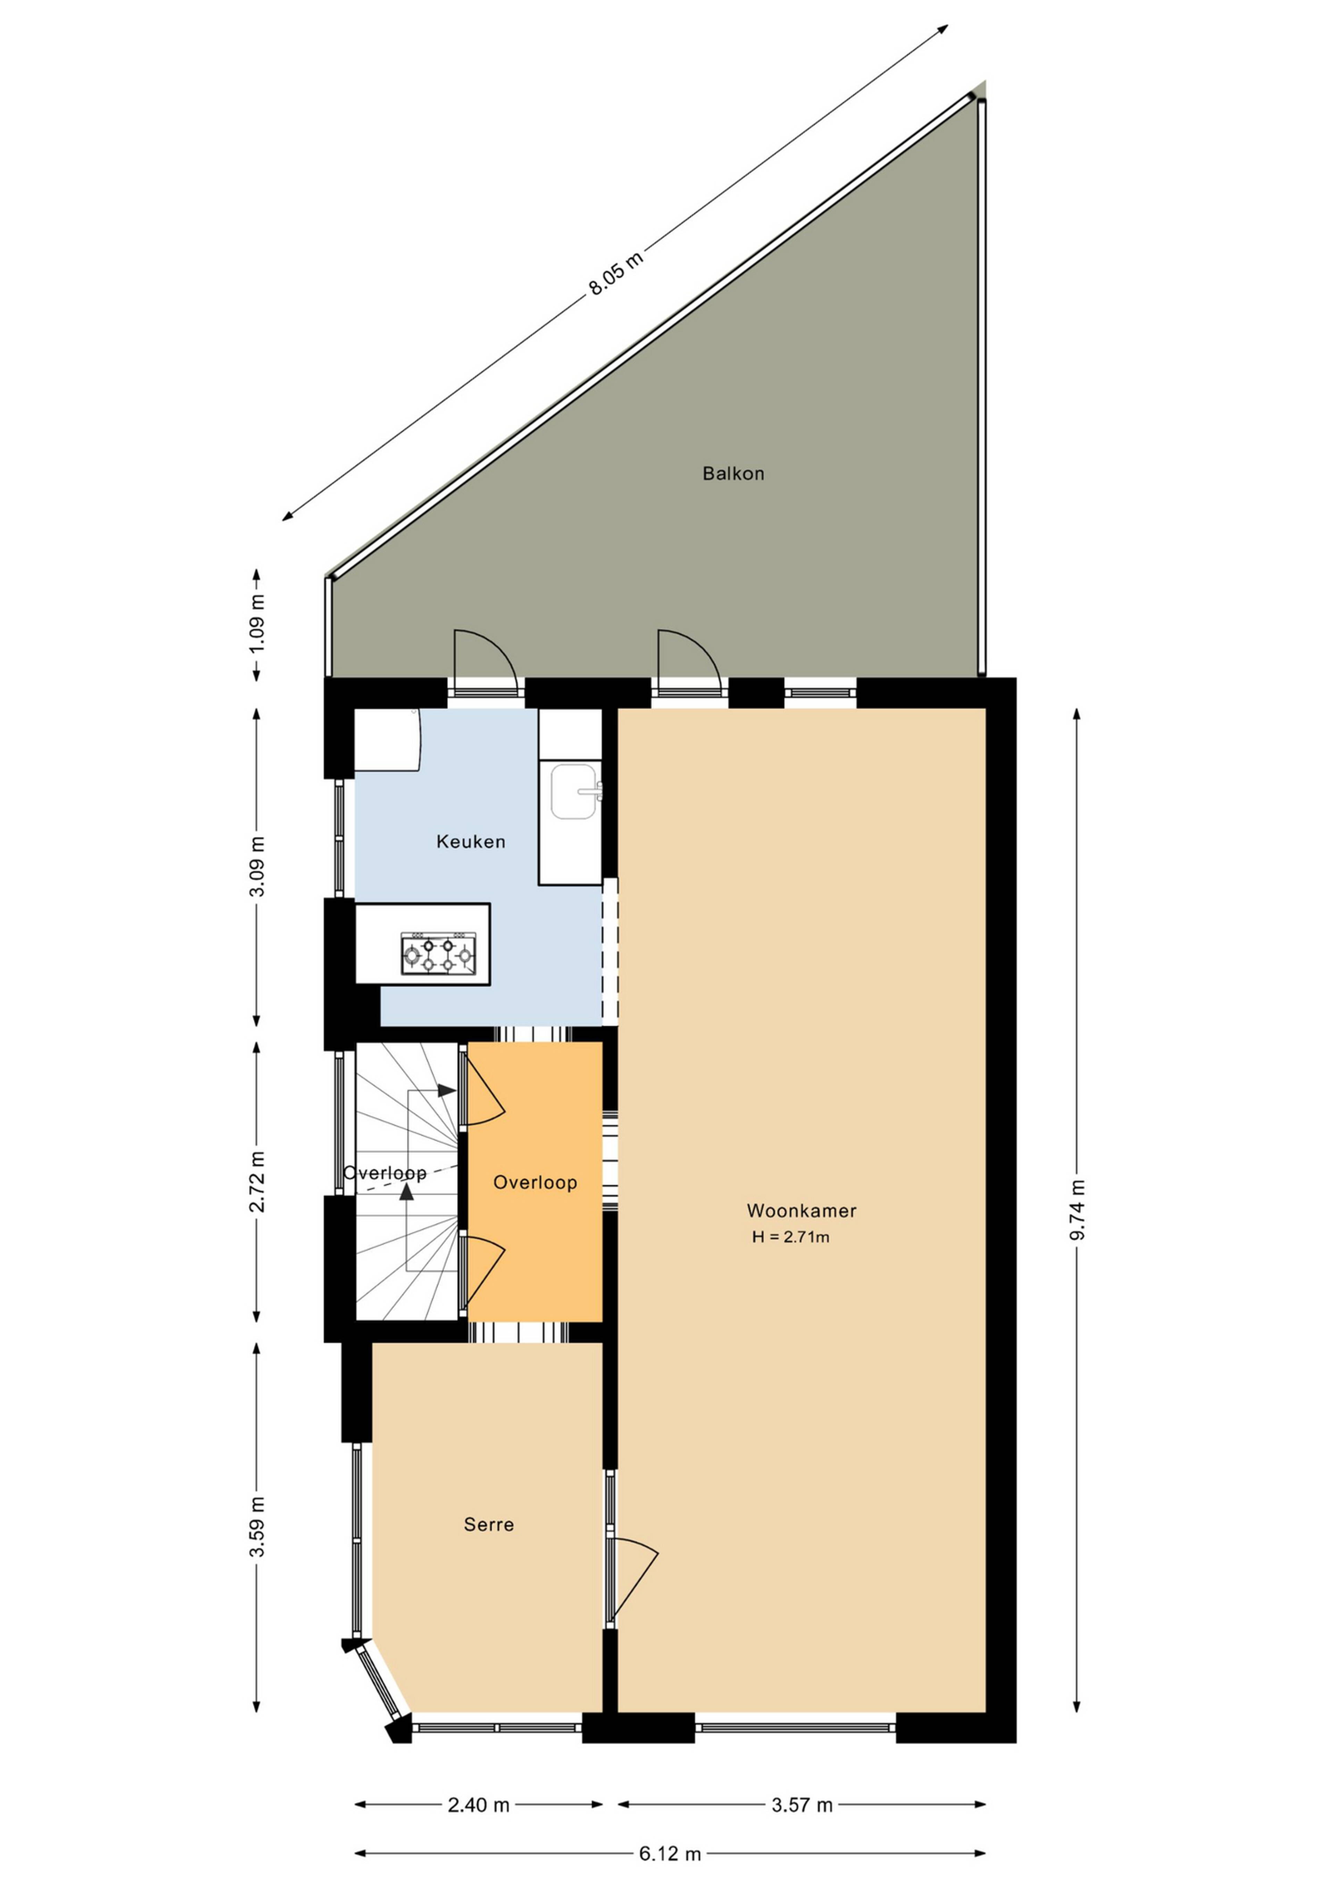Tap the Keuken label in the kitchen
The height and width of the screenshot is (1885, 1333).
(x=470, y=842)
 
